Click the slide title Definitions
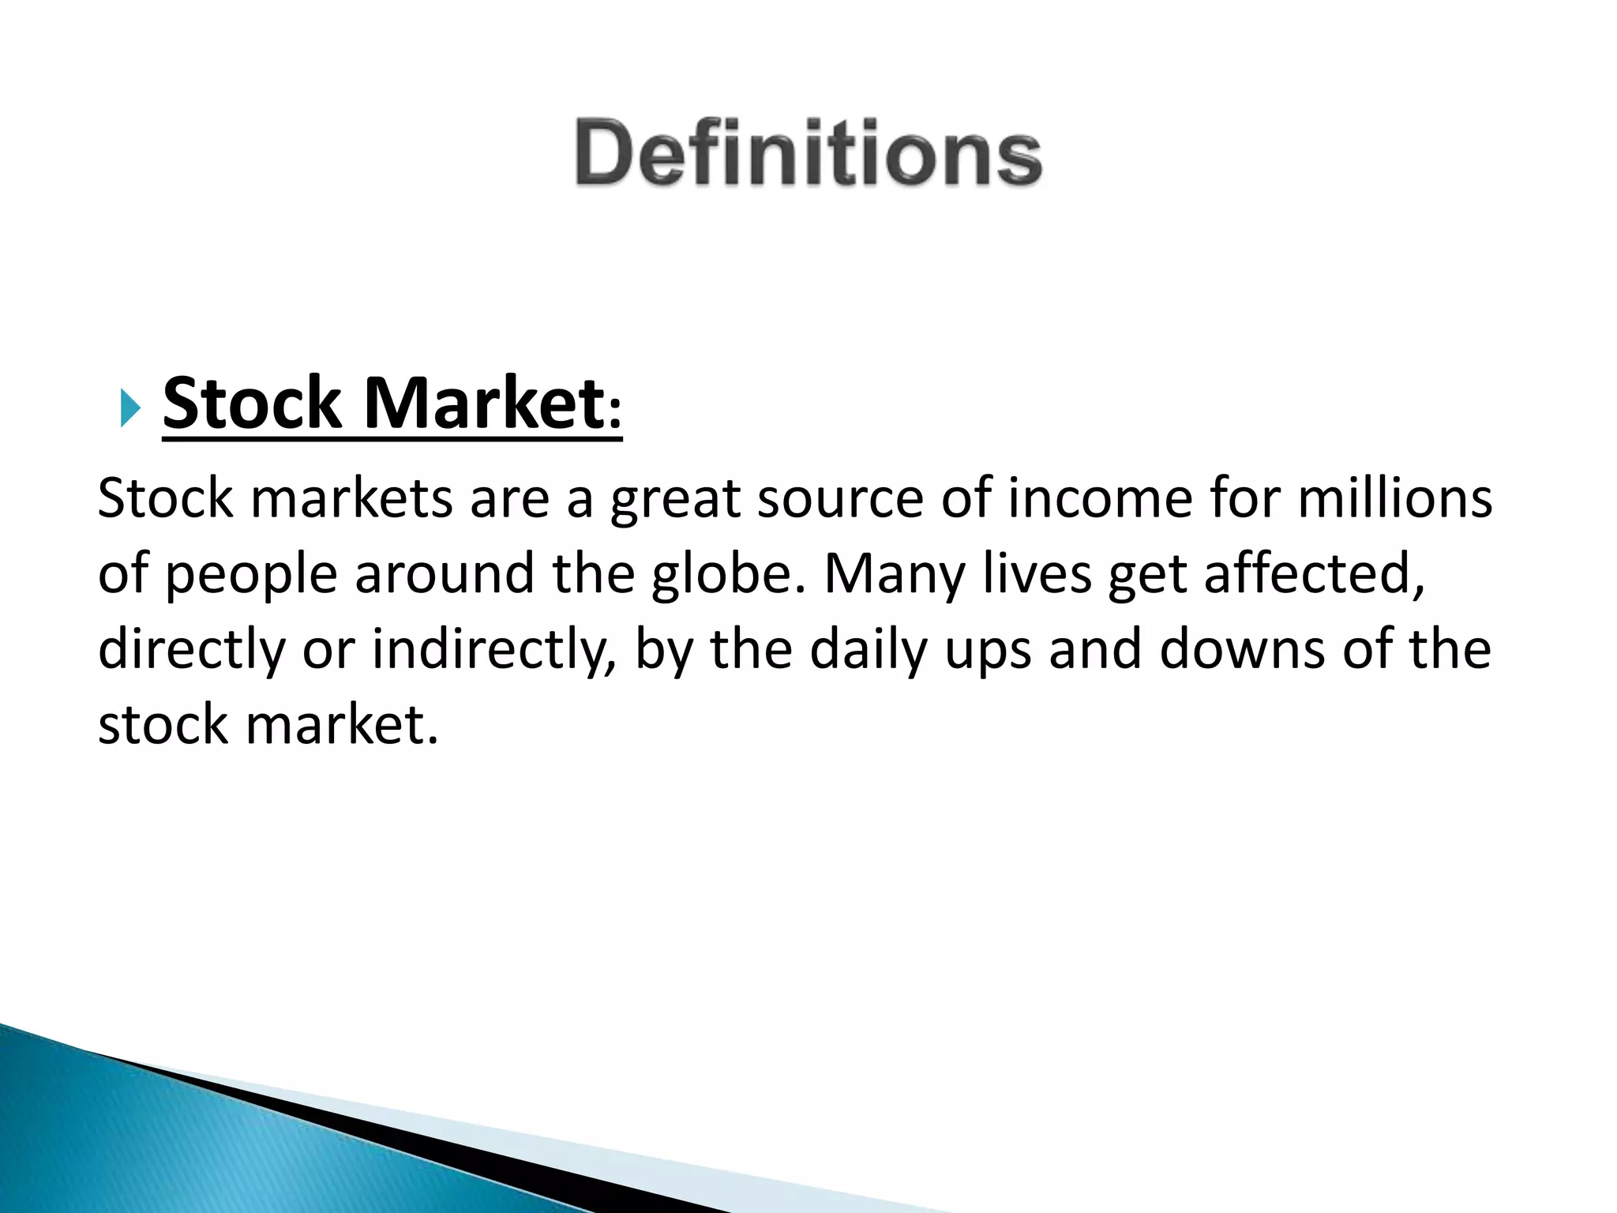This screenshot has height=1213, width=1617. click(x=808, y=152)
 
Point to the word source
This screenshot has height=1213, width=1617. click(x=840, y=499)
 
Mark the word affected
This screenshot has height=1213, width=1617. click(x=1315, y=574)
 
